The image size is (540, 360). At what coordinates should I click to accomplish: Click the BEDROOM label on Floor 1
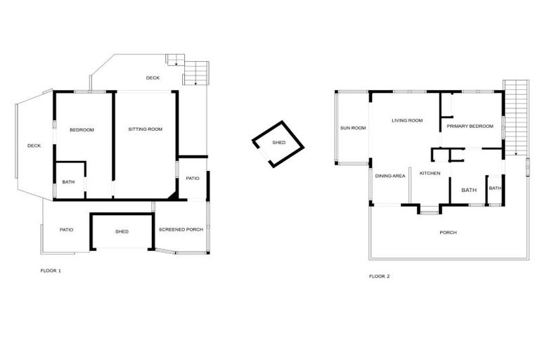[x=82, y=129]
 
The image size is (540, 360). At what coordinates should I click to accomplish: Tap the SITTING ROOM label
[x=145, y=129]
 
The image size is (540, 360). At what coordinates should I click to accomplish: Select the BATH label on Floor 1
[x=68, y=182]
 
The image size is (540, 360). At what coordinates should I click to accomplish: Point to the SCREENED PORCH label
[x=181, y=230]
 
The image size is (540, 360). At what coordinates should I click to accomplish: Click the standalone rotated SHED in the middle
[x=278, y=143]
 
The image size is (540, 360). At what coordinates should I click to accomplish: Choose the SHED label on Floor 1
[x=122, y=231]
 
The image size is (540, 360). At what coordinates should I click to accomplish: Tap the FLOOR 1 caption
[x=51, y=270]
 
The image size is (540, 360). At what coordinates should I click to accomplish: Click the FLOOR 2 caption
[x=379, y=276]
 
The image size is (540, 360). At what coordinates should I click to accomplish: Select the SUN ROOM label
[x=353, y=128]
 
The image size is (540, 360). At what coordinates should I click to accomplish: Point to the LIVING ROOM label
[x=407, y=121]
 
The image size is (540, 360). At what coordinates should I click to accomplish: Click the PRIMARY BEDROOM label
[x=470, y=126]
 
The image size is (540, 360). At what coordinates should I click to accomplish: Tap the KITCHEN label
[x=430, y=173]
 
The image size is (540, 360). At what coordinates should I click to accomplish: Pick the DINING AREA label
[x=390, y=176]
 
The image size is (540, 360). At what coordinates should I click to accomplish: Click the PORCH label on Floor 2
[x=449, y=232]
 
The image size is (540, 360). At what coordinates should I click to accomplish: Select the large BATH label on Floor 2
[x=469, y=190]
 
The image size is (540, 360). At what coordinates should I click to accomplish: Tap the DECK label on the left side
[x=34, y=146]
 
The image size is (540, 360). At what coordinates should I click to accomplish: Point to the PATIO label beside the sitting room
[x=193, y=178]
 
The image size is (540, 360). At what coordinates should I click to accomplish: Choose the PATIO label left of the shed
[x=67, y=229]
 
